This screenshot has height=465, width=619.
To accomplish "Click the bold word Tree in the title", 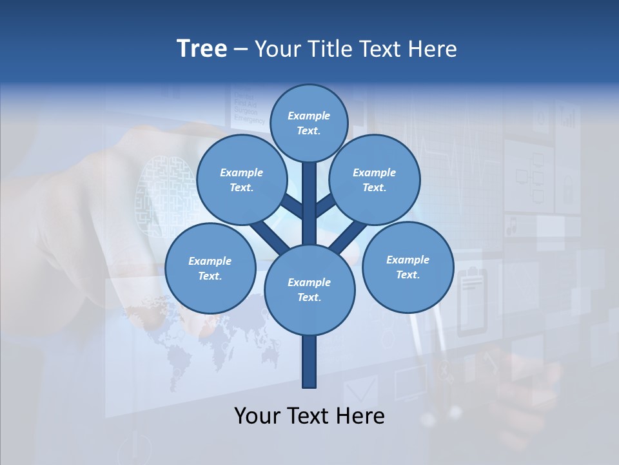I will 202,49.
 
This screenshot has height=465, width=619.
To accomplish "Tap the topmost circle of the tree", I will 309,123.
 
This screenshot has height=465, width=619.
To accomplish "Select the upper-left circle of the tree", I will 241,180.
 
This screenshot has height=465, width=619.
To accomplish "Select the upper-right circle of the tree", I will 374,180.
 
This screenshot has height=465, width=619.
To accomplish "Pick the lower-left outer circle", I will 210,268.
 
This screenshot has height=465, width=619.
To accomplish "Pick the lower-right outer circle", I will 408,267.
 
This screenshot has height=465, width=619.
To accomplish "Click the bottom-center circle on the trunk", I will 309,289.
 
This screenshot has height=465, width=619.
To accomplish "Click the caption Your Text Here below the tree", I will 309,416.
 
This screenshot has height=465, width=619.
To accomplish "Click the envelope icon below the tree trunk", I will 360,391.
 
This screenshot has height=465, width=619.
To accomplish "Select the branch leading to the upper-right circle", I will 325,207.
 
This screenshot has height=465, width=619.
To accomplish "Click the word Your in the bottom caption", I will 257,416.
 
